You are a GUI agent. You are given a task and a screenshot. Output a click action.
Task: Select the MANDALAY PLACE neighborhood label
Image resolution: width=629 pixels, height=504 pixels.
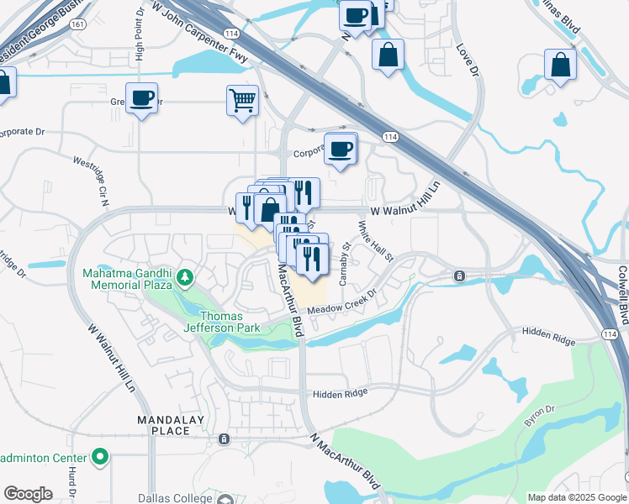(x=165, y=424)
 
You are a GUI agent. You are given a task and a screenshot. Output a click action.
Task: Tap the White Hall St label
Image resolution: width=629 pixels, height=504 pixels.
(x=376, y=241)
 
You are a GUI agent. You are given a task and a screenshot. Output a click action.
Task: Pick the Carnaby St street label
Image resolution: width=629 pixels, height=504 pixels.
(x=344, y=263)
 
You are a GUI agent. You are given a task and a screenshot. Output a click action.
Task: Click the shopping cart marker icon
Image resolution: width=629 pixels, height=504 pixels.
(x=242, y=100)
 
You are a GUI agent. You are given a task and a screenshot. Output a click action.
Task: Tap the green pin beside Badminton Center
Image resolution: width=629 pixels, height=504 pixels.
(x=101, y=458)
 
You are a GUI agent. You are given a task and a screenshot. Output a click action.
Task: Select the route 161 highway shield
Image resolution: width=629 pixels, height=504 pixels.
(x=77, y=25)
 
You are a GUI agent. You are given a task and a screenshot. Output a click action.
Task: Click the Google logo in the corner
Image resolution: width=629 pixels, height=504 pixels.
(x=28, y=494)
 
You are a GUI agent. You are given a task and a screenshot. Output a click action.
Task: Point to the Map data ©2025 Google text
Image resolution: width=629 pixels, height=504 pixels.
(x=576, y=497)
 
